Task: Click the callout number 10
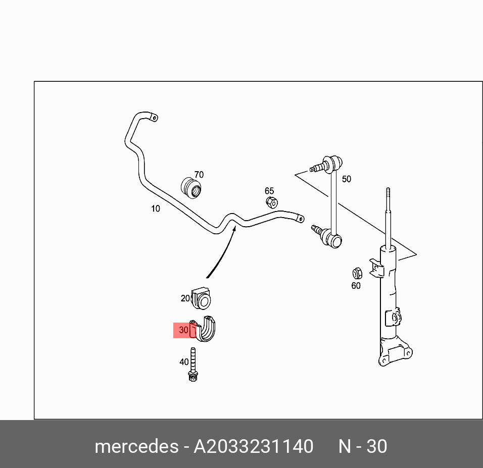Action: [x=155, y=209]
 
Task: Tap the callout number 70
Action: [x=199, y=175]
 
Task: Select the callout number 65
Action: [x=269, y=191]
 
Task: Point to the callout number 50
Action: [x=346, y=179]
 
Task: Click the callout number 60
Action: [x=356, y=286]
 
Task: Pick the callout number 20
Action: [x=185, y=298]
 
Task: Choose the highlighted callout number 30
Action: [x=183, y=330]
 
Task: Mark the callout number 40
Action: [x=184, y=362]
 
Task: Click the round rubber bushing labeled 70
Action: [x=191, y=188]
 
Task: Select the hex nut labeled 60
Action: [x=356, y=273]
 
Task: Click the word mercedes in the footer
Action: [x=136, y=447]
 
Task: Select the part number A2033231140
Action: [x=254, y=447]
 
